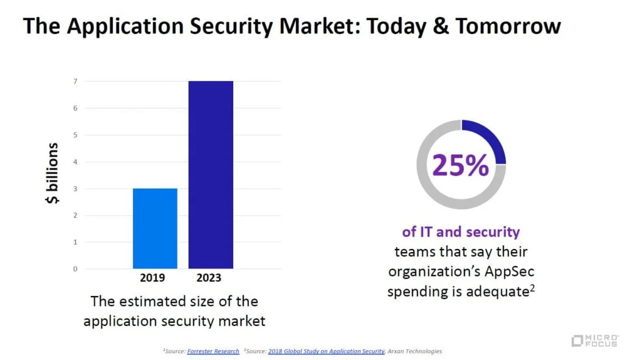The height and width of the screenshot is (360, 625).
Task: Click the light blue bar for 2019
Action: coord(155,228)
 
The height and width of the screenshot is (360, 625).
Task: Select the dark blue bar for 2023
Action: coord(211,175)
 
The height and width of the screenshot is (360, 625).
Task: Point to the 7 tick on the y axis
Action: coord(75,81)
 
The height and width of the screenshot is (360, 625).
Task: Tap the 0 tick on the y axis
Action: coord(75,269)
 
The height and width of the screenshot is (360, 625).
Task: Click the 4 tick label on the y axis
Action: coord(75,162)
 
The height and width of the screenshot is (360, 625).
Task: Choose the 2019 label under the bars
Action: coord(152,278)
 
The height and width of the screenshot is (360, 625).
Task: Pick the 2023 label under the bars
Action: coord(209,278)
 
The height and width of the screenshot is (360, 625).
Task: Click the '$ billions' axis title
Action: coord(52,173)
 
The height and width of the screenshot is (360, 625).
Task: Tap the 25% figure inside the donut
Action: coord(460,165)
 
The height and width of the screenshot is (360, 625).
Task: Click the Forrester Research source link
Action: coord(213,351)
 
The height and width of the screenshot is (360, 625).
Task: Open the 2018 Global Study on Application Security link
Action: coord(326,351)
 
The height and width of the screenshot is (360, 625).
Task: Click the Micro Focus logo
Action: coord(594,341)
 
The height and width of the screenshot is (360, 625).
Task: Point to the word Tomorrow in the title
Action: coord(508,26)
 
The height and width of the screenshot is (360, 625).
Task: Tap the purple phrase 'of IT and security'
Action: coord(461,232)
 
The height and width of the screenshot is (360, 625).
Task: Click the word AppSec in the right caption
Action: coord(510,272)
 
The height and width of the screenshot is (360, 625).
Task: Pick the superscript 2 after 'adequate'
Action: coord(532,288)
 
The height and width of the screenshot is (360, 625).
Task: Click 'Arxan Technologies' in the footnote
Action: coord(414,351)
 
